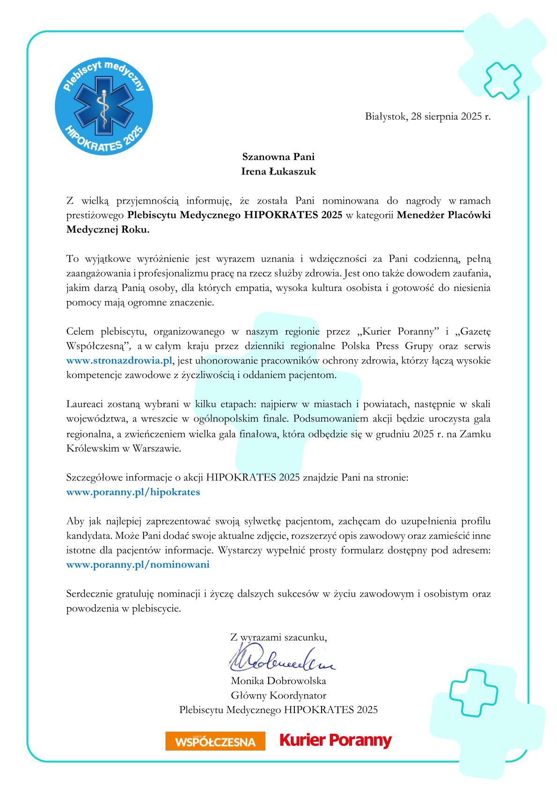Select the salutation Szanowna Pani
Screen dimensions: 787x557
[x=278, y=156]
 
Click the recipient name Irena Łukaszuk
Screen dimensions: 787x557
[x=278, y=171]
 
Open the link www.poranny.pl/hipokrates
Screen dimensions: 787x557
[x=133, y=492]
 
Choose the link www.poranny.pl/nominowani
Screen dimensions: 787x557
[x=138, y=564]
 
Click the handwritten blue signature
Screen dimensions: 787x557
[x=281, y=659]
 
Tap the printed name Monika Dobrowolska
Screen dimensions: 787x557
[x=278, y=681]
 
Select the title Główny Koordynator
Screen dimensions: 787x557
[x=278, y=695]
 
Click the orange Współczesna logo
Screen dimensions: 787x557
[x=215, y=741]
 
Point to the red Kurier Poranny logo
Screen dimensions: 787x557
[x=335, y=740]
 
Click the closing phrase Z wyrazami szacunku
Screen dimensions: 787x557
[x=278, y=637]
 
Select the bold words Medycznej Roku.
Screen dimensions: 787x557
[x=108, y=230]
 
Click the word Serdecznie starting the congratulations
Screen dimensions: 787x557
[x=90, y=594]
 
